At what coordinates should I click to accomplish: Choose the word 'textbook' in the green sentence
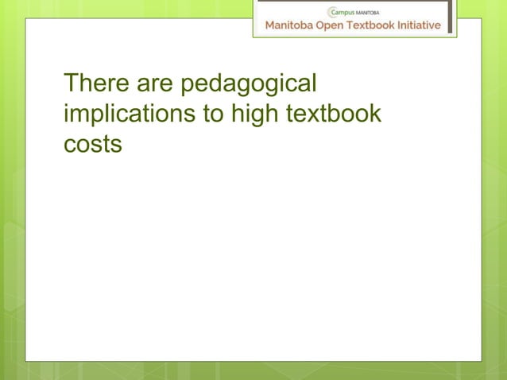coord(333,114)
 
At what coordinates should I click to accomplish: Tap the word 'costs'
coord(92,145)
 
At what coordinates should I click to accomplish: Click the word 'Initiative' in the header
coord(422,25)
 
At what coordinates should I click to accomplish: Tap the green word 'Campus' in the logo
coord(346,12)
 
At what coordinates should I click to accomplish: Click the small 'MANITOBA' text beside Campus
coord(372,12)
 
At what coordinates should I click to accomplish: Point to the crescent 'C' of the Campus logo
coord(332,12)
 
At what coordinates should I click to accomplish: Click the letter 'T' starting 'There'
coord(71,83)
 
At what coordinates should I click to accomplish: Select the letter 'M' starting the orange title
coord(270,25)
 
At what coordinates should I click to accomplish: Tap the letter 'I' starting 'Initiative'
coord(404,25)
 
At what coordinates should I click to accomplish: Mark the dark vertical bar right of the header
coord(449,16)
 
